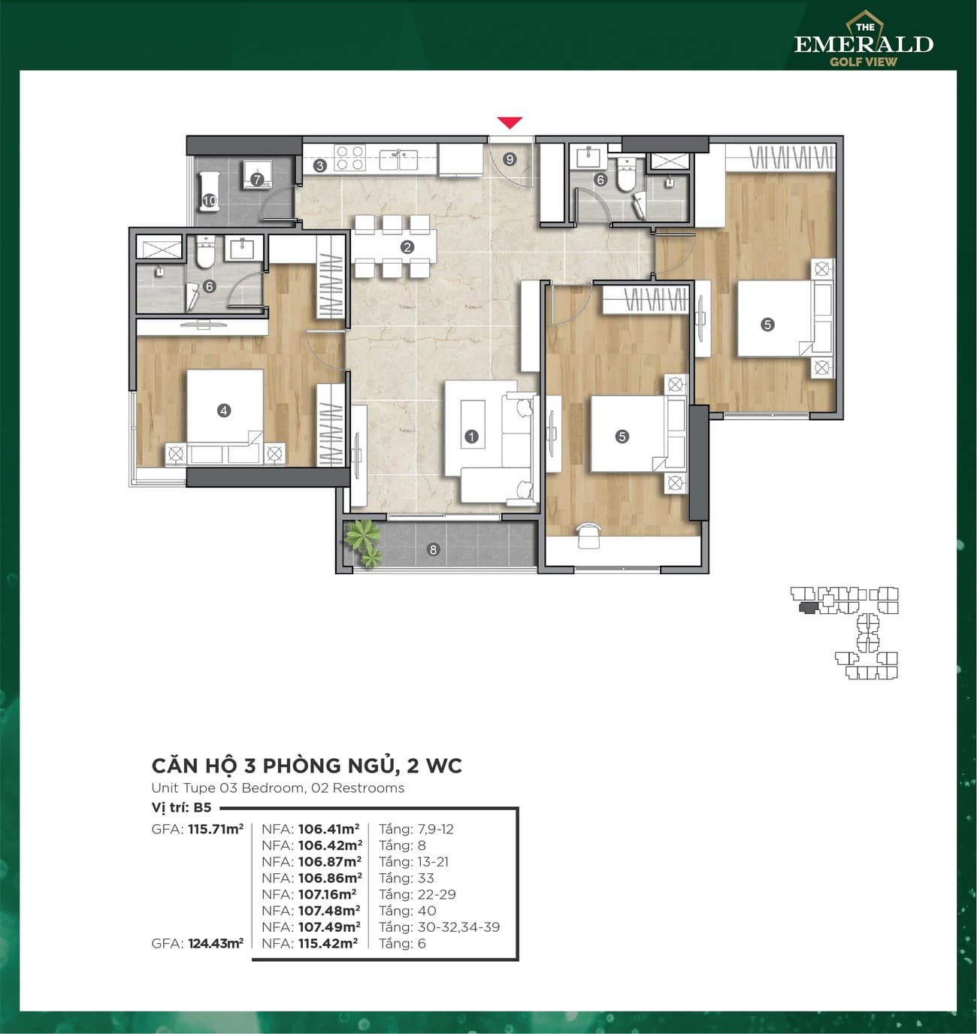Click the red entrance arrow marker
(510, 123)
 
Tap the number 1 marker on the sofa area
(471, 437)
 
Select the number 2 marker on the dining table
(407, 247)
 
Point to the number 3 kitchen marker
(319, 166)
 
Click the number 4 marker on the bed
(223, 411)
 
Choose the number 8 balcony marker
(433, 549)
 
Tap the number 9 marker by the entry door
(510, 159)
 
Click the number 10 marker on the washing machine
(210, 201)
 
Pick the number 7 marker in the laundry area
(256, 180)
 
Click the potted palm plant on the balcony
(363, 542)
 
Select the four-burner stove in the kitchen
(349, 158)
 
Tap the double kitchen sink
(398, 159)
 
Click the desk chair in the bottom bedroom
(589, 535)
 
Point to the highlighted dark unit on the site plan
(807, 607)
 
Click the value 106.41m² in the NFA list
(328, 829)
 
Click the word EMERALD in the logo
(864, 44)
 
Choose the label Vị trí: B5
(181, 808)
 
